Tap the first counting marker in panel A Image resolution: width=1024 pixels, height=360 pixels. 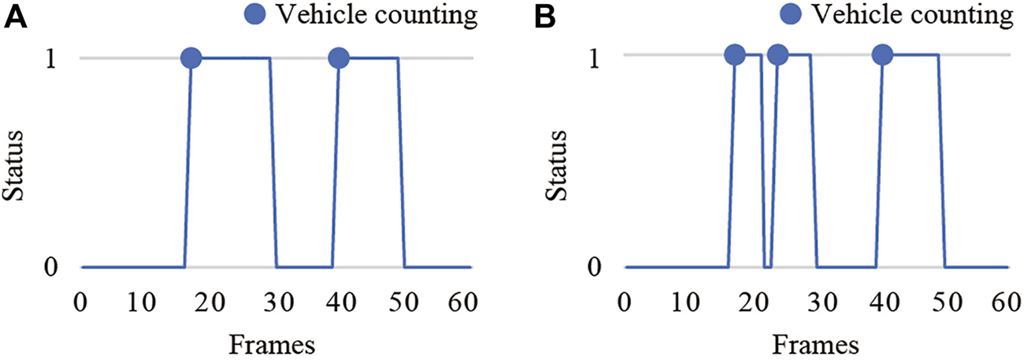click(191, 58)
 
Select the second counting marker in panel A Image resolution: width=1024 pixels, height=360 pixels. click(339, 58)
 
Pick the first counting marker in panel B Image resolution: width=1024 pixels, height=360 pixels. click(734, 54)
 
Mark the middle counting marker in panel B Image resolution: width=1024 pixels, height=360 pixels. click(777, 54)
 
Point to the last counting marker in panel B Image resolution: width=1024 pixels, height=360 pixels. click(882, 54)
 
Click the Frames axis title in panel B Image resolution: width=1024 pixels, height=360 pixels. click(815, 343)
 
